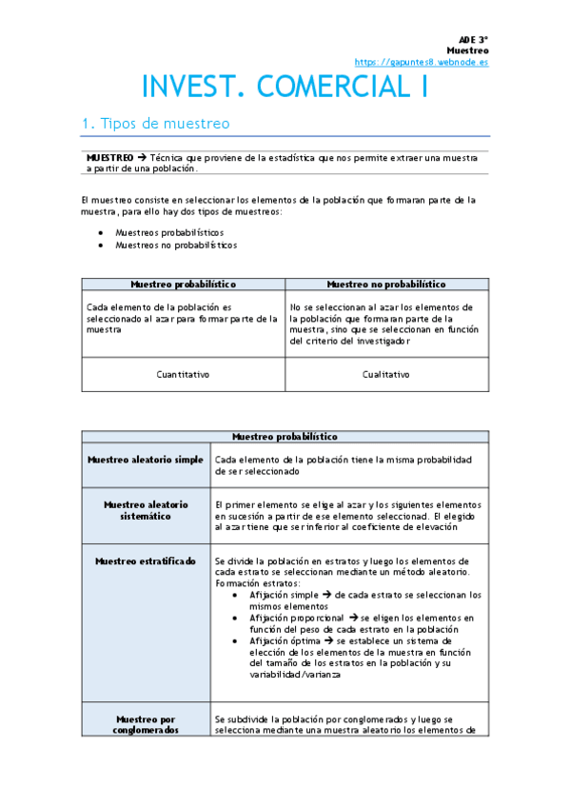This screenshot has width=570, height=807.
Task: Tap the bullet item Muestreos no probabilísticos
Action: (x=176, y=245)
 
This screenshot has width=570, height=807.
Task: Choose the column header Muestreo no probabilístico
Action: (x=386, y=284)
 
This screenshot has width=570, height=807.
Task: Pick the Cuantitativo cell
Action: (x=183, y=374)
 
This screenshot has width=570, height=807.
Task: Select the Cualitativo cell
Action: (x=386, y=374)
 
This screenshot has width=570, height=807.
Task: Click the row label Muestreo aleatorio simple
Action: (x=146, y=460)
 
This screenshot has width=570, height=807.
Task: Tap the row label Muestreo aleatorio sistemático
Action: (x=146, y=510)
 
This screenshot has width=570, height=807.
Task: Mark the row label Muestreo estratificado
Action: (x=146, y=561)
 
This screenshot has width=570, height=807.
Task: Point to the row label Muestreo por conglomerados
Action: (x=146, y=725)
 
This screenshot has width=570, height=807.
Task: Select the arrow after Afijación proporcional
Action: (x=351, y=618)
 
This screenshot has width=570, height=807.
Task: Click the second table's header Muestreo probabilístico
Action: (x=285, y=437)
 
